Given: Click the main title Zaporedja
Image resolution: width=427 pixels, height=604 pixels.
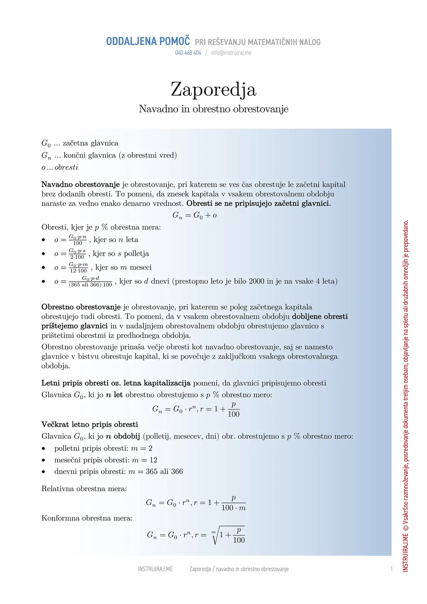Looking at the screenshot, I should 213,90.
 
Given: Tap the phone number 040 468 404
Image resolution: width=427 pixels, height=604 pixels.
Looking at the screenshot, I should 188,53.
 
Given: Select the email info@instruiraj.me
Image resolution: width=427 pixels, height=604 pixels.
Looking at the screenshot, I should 231,53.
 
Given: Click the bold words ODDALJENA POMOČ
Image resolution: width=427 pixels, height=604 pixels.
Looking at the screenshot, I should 148,41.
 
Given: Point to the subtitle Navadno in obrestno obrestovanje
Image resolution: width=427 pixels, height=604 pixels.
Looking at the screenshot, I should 213,109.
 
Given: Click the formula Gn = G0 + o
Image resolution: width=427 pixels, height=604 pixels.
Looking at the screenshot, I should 195,215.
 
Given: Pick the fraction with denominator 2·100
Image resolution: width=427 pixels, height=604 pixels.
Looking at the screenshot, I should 77,254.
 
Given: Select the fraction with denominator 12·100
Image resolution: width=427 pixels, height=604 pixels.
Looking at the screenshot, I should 78,268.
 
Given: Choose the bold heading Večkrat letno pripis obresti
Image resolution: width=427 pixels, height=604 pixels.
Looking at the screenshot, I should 90,425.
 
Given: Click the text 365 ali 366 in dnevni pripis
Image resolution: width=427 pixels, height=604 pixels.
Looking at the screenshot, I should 164,472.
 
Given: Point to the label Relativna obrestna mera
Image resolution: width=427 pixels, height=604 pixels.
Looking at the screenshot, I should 84,489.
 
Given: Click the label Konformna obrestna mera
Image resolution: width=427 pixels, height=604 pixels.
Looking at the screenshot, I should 87,518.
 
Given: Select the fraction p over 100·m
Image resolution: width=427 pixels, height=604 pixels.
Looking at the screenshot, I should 233,503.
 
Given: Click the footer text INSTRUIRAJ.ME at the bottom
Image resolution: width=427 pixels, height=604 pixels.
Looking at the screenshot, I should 155,569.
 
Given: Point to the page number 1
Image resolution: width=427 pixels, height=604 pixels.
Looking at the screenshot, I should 392,569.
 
